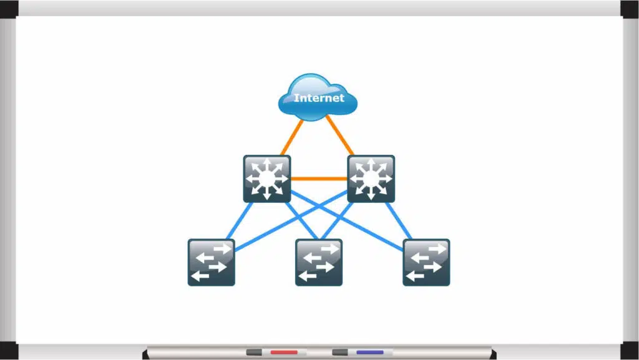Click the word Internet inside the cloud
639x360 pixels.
[x=319, y=98]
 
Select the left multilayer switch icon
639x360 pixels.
[x=267, y=179]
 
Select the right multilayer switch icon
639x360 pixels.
[x=371, y=179]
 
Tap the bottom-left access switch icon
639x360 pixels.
[x=211, y=262]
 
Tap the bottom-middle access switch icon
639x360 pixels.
[x=319, y=262]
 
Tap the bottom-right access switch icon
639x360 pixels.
[x=426, y=262]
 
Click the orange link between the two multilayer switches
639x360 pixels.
[x=319, y=178]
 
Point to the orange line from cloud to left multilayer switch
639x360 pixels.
[x=292, y=138]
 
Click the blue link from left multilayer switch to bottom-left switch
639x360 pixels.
[x=239, y=221]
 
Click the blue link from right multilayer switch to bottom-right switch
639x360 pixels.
[x=399, y=221]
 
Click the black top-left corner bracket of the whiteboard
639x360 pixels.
[x=9, y=9]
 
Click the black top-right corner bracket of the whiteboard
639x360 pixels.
[x=630, y=9]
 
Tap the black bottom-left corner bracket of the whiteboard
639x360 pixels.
[x=9, y=351]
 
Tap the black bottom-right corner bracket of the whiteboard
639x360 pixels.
[x=630, y=351]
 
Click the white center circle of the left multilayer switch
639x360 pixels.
[x=267, y=178]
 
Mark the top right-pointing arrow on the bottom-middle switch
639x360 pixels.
[x=329, y=248]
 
